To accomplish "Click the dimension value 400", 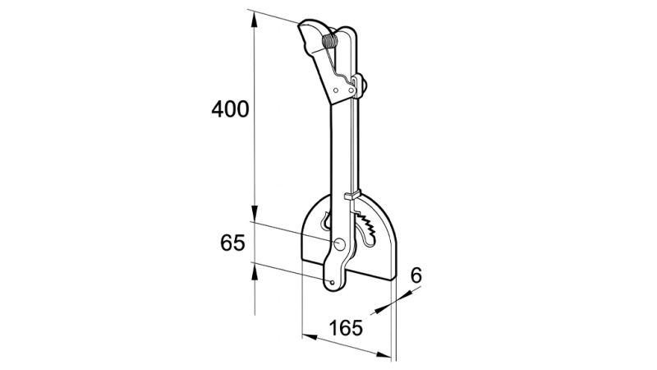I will point(230,109).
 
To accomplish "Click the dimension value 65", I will point(233,243).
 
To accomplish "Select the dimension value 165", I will point(347,329).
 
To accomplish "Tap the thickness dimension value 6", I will point(416,275).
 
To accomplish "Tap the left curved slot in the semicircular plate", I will point(328,222).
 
